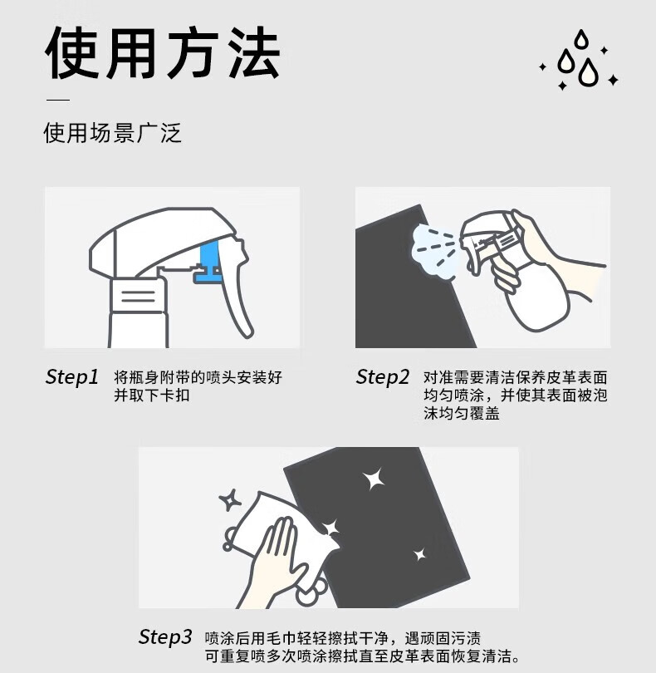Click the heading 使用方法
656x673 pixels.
[163, 53]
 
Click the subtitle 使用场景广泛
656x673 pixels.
[112, 133]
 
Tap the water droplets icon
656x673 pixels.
[579, 60]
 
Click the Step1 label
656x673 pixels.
[72, 377]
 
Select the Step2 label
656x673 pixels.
[382, 377]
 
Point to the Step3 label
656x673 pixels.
[164, 637]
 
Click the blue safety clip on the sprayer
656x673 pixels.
[208, 262]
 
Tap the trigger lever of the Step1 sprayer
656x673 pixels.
[234, 292]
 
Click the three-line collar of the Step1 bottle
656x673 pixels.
[138, 296]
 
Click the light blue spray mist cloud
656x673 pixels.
[434, 251]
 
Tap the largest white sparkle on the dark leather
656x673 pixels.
[374, 479]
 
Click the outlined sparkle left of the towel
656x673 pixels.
[230, 500]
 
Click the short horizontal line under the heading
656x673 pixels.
[58, 100]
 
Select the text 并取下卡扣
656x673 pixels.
[151, 395]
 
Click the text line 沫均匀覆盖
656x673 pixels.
[462, 413]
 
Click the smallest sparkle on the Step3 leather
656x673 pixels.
[420, 554]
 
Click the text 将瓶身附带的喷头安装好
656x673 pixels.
[198, 377]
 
